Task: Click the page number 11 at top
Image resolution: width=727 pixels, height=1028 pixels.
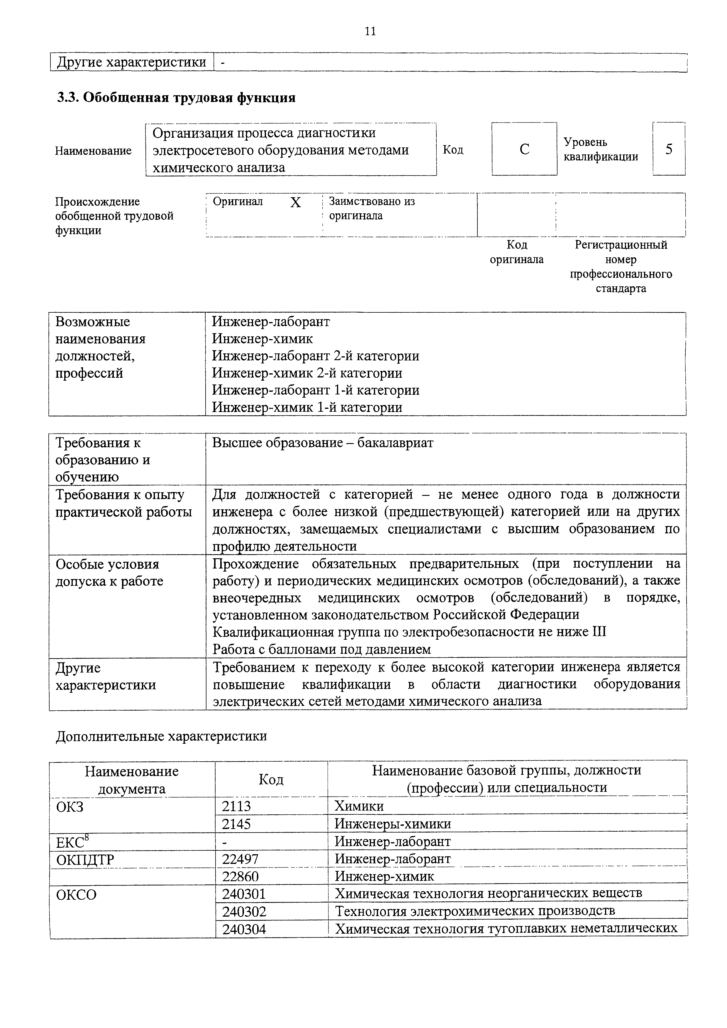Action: click(370, 31)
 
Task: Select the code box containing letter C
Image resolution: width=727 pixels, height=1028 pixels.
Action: click(524, 149)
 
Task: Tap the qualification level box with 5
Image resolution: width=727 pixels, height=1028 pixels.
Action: click(668, 149)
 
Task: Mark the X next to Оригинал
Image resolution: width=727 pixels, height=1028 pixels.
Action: click(295, 203)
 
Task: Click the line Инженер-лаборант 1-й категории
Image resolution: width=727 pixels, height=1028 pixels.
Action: click(315, 390)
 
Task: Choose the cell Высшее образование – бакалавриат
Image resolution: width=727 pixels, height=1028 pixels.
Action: click(323, 443)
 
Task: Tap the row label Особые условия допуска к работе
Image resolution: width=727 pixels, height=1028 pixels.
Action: click(109, 573)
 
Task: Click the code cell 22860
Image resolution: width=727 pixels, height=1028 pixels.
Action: click(240, 876)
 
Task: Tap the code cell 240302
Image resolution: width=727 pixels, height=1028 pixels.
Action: click(244, 911)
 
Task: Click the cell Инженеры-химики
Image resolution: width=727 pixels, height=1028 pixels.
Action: click(392, 824)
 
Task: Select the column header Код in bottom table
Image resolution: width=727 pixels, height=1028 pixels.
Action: click(271, 779)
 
